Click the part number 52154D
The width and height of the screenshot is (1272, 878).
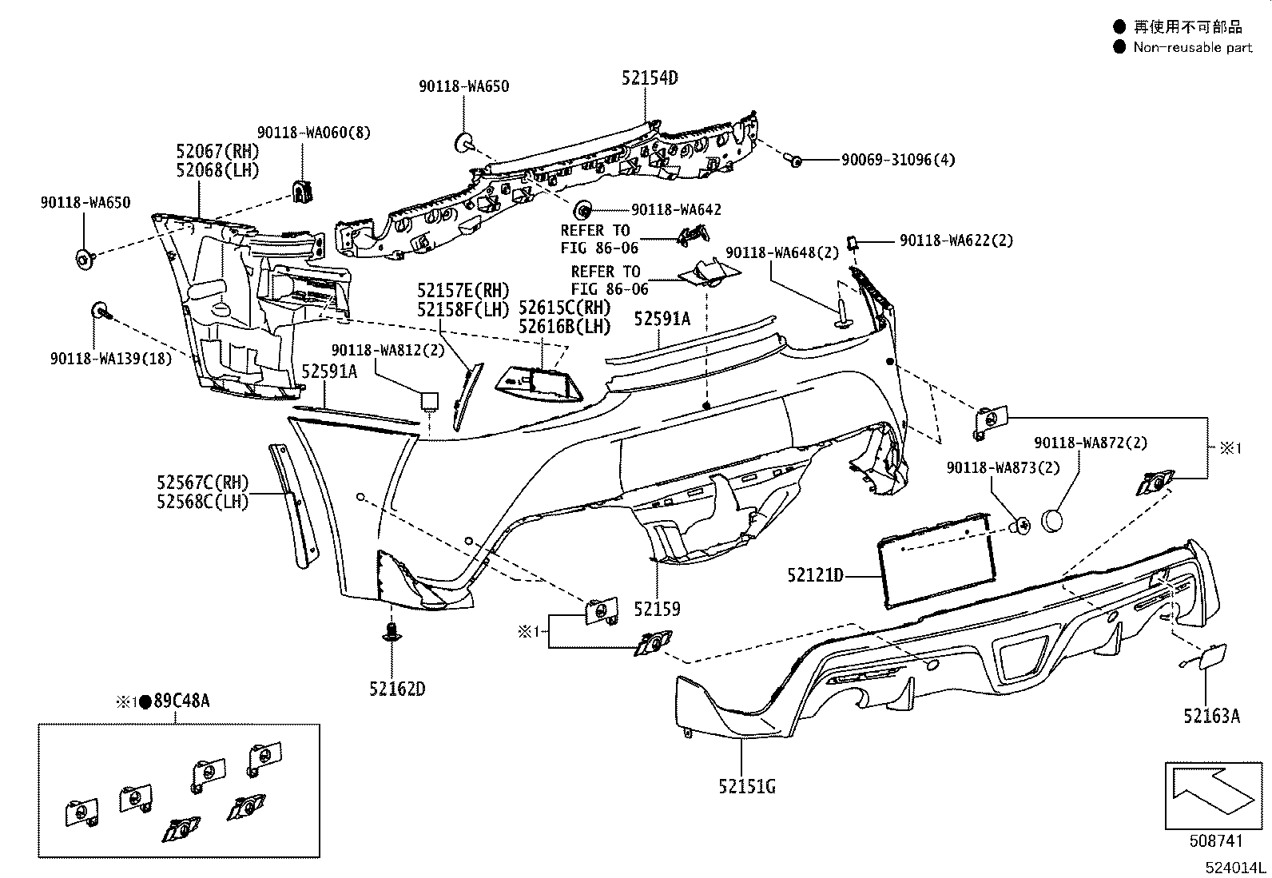(650, 77)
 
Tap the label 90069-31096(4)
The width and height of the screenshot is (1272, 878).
(898, 160)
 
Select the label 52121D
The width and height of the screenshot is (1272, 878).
(815, 575)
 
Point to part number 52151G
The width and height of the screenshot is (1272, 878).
(747, 787)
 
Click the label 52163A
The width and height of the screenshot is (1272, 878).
(1211, 716)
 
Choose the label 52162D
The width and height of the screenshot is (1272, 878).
(397, 689)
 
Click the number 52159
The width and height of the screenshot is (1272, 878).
(657, 609)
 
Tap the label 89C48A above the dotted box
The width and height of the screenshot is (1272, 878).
(181, 701)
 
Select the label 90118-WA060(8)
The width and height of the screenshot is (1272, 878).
(313, 133)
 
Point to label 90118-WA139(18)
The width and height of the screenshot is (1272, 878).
(111, 359)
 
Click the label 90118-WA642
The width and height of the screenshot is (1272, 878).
(676, 209)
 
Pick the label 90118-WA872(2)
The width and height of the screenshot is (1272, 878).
(1091, 443)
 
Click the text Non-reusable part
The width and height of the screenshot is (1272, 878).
(1192, 47)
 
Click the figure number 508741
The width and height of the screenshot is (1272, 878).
(1216, 840)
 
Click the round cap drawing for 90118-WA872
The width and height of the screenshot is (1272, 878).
(1052, 521)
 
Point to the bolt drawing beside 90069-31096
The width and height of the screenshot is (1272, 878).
(793, 160)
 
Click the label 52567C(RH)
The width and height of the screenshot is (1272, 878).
(203, 483)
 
